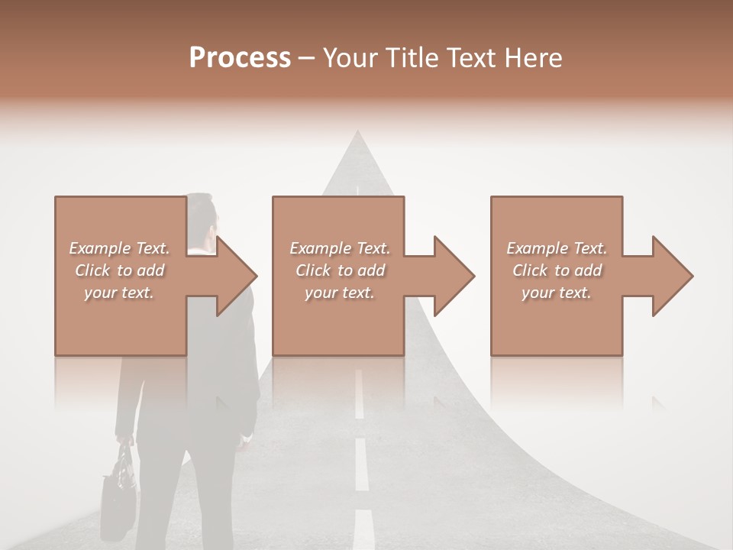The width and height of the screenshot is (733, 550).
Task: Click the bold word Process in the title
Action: (240, 57)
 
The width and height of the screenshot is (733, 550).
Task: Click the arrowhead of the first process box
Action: (232, 276)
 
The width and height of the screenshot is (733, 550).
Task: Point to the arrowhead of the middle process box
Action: (450, 276)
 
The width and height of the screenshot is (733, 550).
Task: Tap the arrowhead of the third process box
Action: (669, 276)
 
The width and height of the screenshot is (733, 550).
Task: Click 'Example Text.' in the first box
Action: (119, 248)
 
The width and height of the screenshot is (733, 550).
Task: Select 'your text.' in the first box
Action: (119, 293)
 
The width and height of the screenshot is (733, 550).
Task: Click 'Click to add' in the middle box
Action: (340, 270)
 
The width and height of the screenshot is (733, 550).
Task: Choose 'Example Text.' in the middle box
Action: (340, 248)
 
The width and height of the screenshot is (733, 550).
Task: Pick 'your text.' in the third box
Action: (557, 293)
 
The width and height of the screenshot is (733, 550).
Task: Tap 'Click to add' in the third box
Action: (557, 270)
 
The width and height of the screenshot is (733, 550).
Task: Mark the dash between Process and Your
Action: (306, 58)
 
